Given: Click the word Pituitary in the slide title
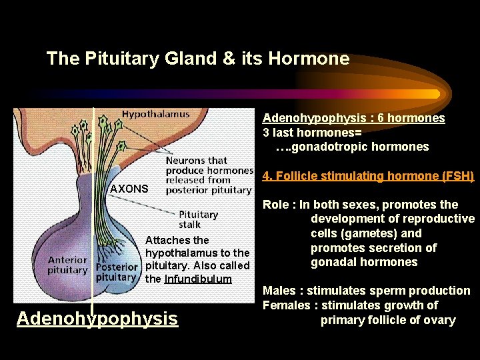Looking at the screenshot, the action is pyautogui.click(x=117, y=59).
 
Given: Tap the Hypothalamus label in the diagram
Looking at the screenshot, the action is pyautogui.click(x=155, y=113).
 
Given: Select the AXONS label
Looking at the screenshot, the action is pyautogui.click(x=129, y=189).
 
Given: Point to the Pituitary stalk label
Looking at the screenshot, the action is pyautogui.click(x=198, y=220).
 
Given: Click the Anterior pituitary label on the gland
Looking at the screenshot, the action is pyautogui.click(x=67, y=265).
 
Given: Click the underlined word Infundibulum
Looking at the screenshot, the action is pyautogui.click(x=198, y=279).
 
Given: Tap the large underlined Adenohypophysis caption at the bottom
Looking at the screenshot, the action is pyautogui.click(x=97, y=319).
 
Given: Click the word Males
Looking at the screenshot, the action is pyautogui.click(x=280, y=291).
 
